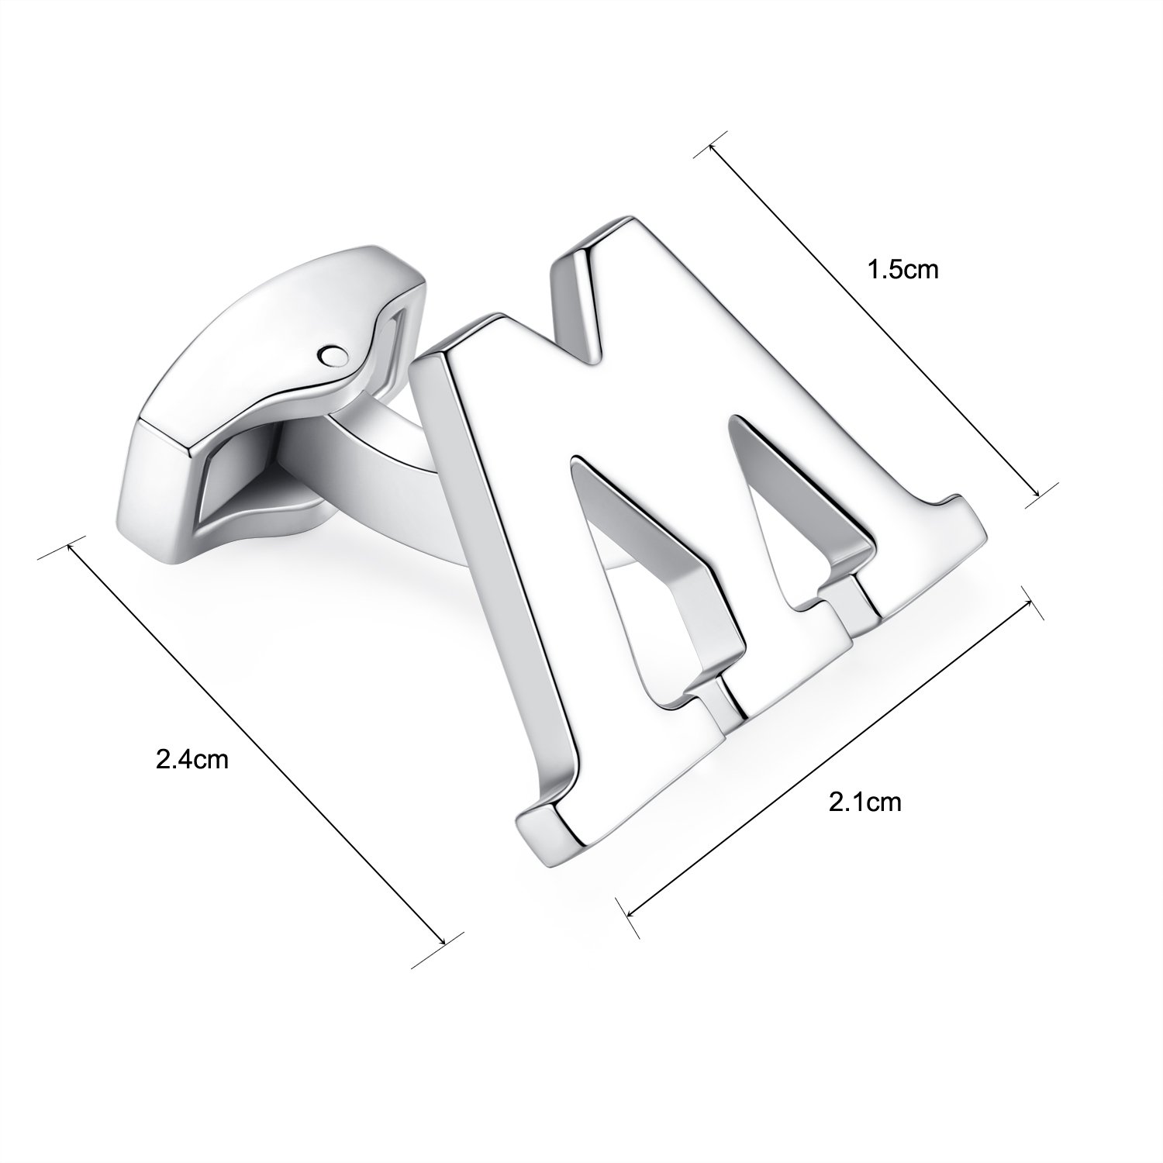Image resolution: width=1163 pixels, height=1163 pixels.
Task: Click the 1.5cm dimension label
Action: [902, 269]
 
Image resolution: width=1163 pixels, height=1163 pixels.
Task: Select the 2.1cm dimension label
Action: [865, 801]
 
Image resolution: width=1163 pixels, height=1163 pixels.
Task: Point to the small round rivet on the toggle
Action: [331, 354]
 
